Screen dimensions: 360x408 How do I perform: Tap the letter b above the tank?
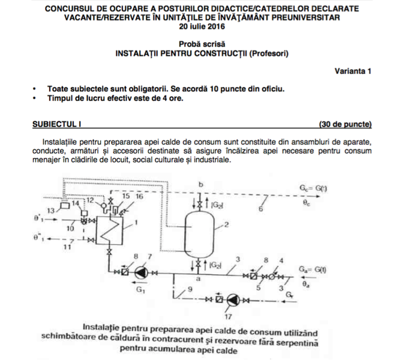pos(202,183)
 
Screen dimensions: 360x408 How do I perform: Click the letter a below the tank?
pos(199,280)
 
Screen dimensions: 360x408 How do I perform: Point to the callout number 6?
pos(260,208)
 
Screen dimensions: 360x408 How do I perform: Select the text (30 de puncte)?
pos(346,125)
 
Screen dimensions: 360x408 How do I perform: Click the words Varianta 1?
pos(353,71)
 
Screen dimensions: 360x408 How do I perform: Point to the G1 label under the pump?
pos(141,290)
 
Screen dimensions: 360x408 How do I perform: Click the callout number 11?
pos(67,246)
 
